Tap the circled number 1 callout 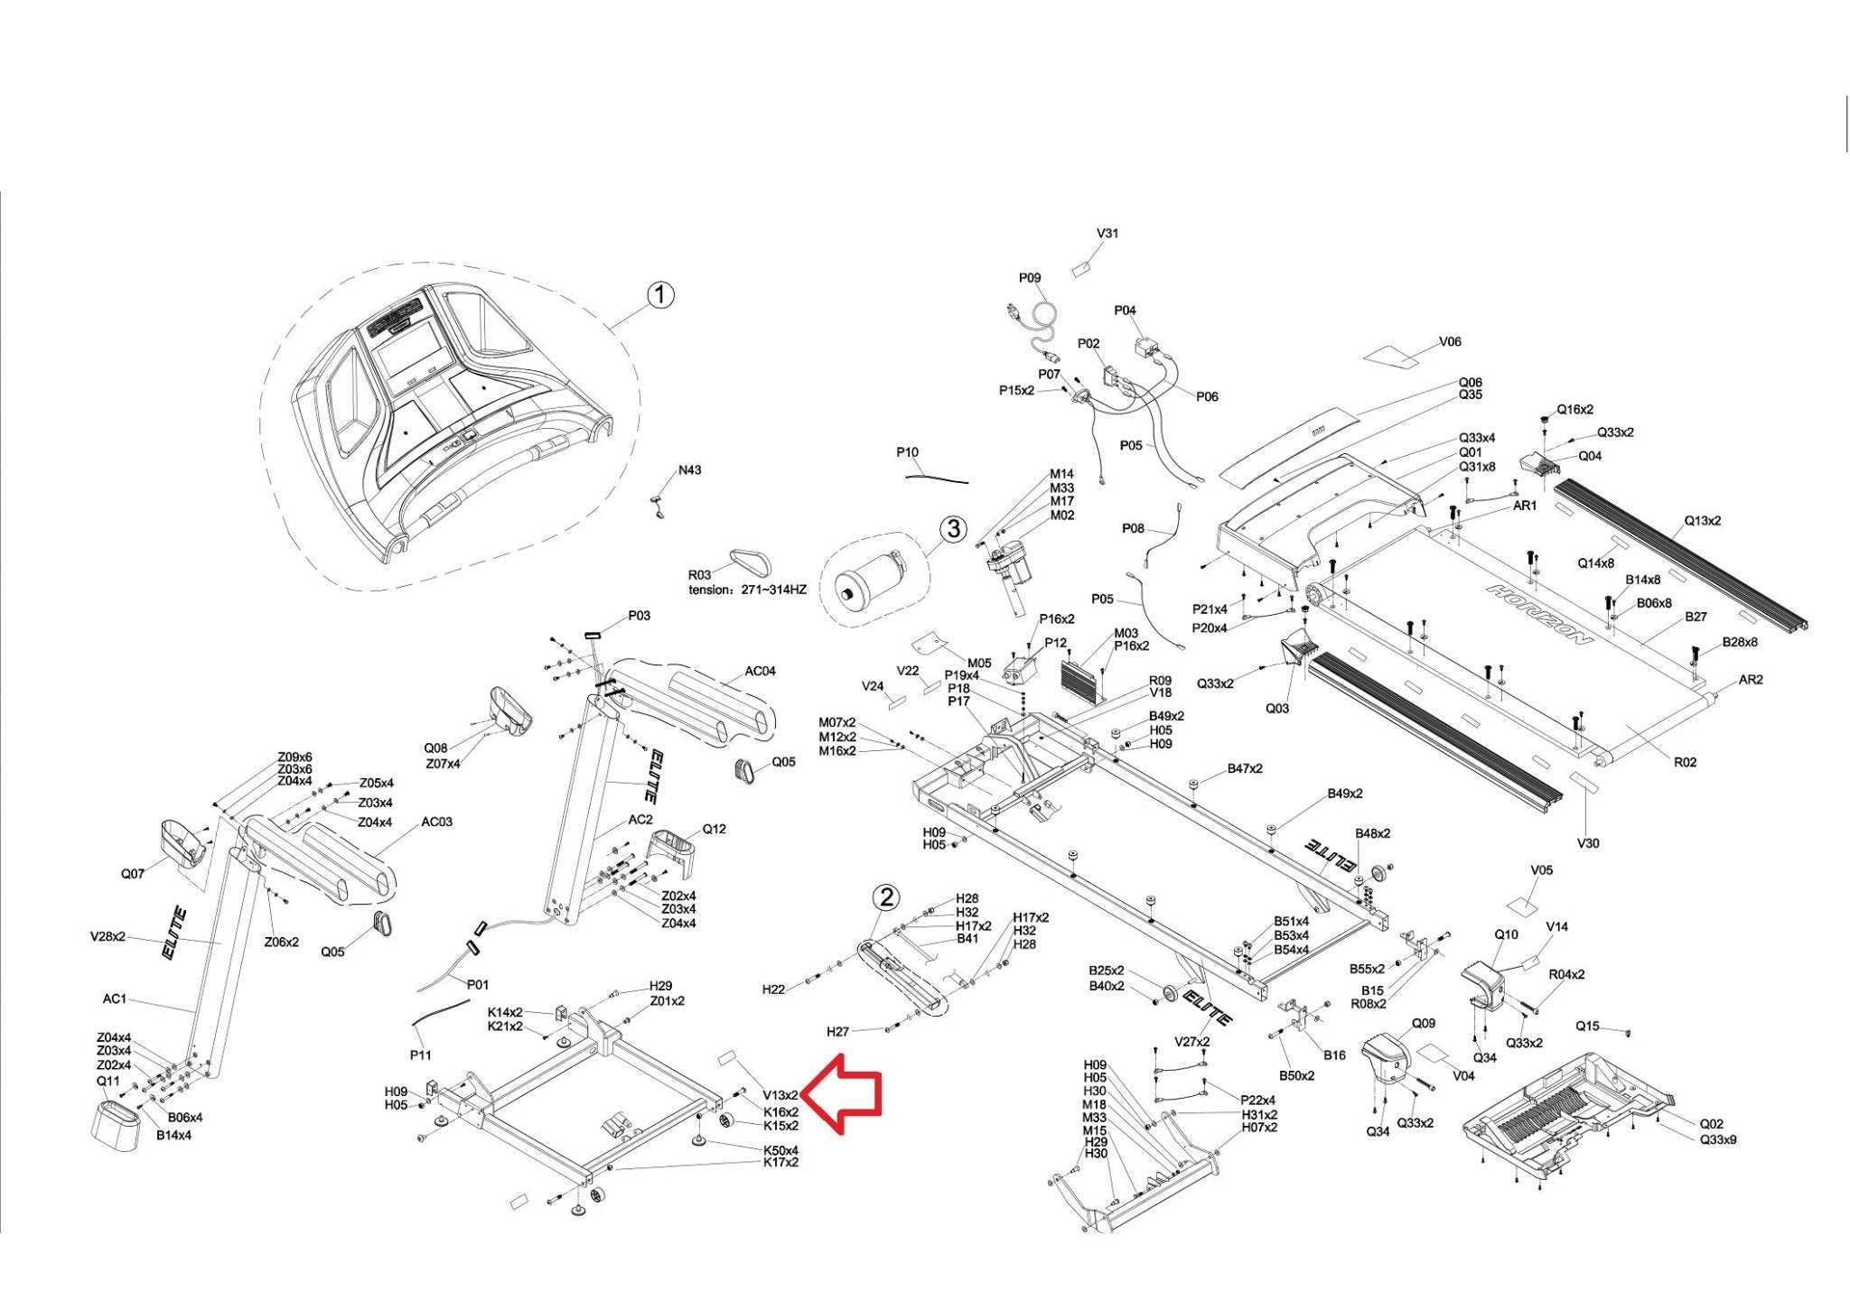(x=661, y=295)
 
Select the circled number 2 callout (x=887, y=897)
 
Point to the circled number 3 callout (x=954, y=529)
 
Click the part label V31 (x=1107, y=233)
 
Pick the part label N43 (x=690, y=470)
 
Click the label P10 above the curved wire (x=908, y=452)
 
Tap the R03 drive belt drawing (x=752, y=562)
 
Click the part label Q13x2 (x=1703, y=521)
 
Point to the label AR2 (x=1751, y=680)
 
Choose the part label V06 (x=1450, y=342)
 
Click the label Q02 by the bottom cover (x=1712, y=1124)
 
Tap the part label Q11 (x=108, y=1081)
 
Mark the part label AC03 (x=437, y=822)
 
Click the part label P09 (x=1031, y=278)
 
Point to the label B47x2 (x=1245, y=769)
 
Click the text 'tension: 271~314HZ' (x=748, y=590)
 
